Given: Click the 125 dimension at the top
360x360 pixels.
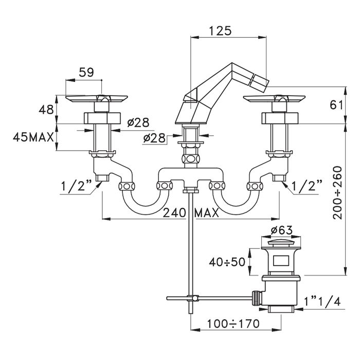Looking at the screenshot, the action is click(x=220, y=31).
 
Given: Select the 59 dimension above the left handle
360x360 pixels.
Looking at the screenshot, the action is click(x=86, y=73).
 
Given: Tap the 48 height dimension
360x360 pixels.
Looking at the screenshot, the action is click(x=46, y=110).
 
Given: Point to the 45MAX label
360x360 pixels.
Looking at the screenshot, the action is click(x=33, y=137).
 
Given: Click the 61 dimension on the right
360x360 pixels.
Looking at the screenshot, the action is click(x=336, y=105).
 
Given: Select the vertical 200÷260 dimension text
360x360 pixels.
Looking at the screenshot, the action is click(x=337, y=193).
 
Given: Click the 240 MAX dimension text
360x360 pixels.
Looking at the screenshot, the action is click(x=191, y=213).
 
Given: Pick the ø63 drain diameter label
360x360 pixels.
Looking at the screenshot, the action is click(x=281, y=230).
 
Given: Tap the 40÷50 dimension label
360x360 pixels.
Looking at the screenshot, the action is click(x=227, y=262).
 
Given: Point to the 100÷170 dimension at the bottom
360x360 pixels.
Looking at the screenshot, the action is click(x=233, y=324).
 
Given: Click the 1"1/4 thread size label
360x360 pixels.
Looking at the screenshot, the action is click(x=322, y=301).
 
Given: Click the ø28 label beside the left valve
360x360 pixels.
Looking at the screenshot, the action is click(x=138, y=123).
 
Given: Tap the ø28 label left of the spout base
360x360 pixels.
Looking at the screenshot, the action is click(x=154, y=138).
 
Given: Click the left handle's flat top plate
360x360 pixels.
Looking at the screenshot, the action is click(x=97, y=99).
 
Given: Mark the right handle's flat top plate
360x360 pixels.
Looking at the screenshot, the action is click(x=274, y=99).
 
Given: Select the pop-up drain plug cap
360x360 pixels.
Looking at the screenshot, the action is click(x=281, y=243).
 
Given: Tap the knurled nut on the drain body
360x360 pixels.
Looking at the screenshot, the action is click(x=256, y=298).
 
